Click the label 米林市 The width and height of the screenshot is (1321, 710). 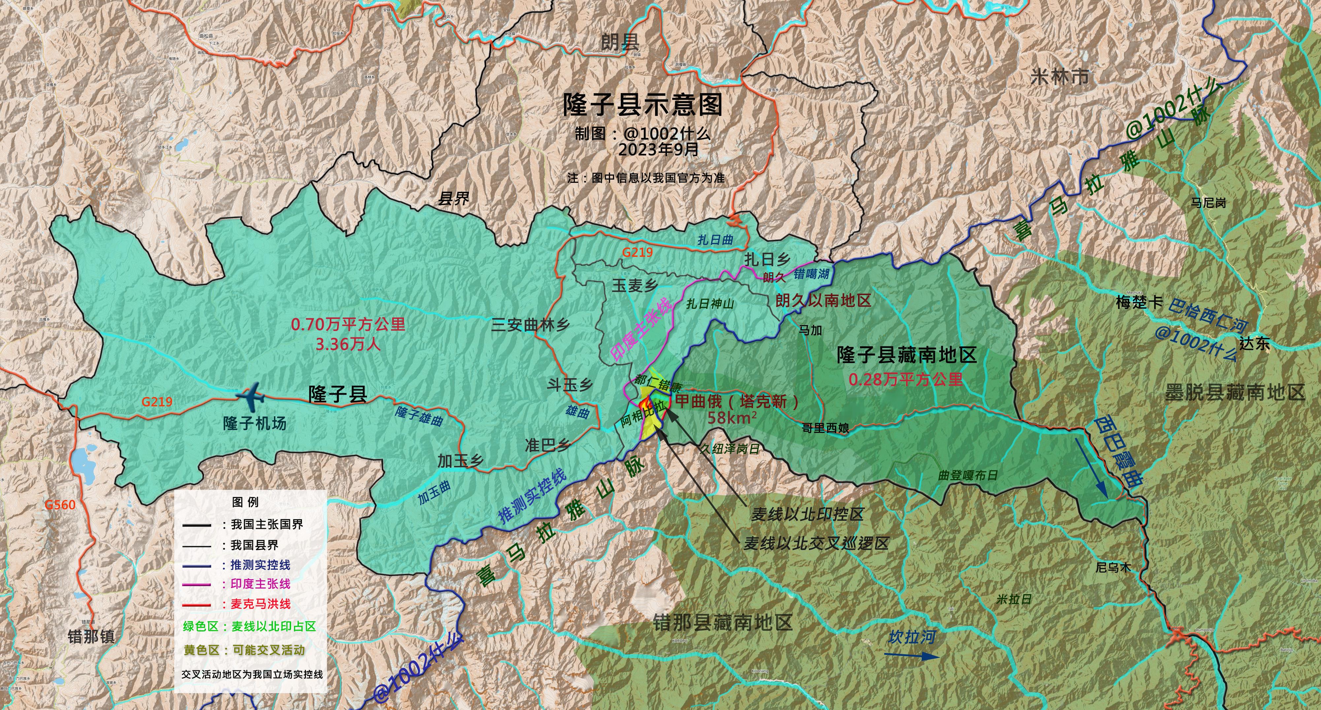(x=1059, y=77)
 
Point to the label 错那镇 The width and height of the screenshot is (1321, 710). (x=91, y=637)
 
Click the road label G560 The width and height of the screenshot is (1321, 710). (x=60, y=505)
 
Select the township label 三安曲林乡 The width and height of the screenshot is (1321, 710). (x=530, y=325)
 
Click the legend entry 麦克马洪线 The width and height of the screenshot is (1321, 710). (x=260, y=604)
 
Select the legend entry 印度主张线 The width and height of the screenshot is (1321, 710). (x=260, y=584)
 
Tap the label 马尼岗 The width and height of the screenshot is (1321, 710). (x=1208, y=203)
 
